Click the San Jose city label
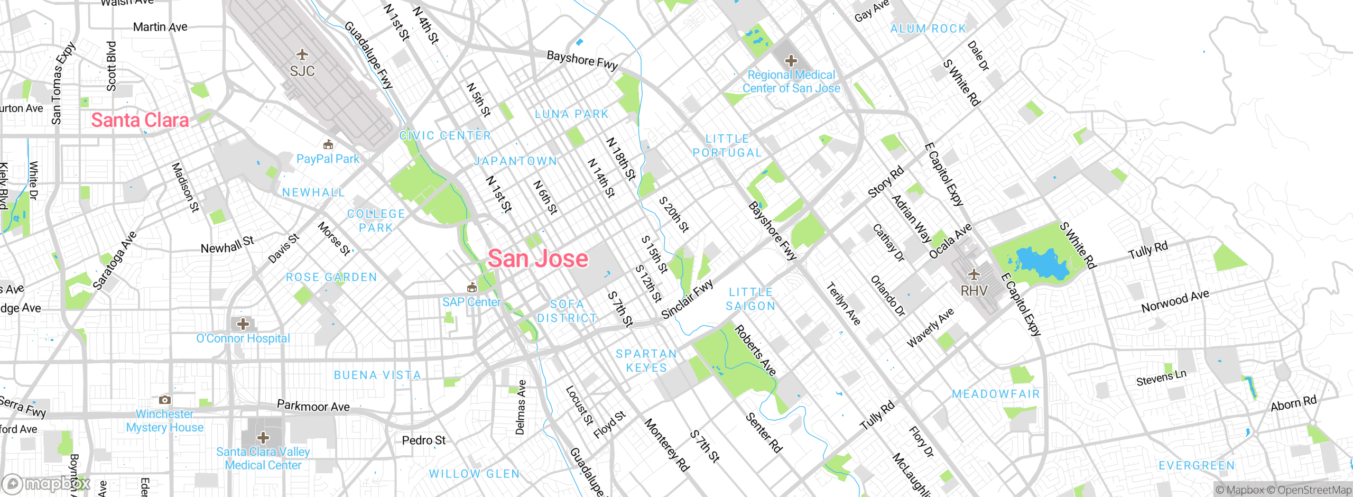(538, 259)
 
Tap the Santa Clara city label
(140, 120)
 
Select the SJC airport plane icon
(302, 54)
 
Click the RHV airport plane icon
(974, 274)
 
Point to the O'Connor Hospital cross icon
(243, 324)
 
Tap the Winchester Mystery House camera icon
(165, 400)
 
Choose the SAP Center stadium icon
(472, 288)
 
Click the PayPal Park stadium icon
(328, 144)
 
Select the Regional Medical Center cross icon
(791, 61)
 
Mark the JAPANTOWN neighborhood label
(515, 161)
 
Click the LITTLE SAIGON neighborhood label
(750, 299)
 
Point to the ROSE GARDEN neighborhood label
(331, 277)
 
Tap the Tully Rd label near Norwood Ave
(1148, 250)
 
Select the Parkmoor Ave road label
(313, 406)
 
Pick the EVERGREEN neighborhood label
(1197, 465)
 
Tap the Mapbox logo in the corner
(47, 484)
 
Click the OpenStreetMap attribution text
(1314, 490)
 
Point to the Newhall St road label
(227, 245)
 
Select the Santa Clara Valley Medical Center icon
(263, 437)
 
